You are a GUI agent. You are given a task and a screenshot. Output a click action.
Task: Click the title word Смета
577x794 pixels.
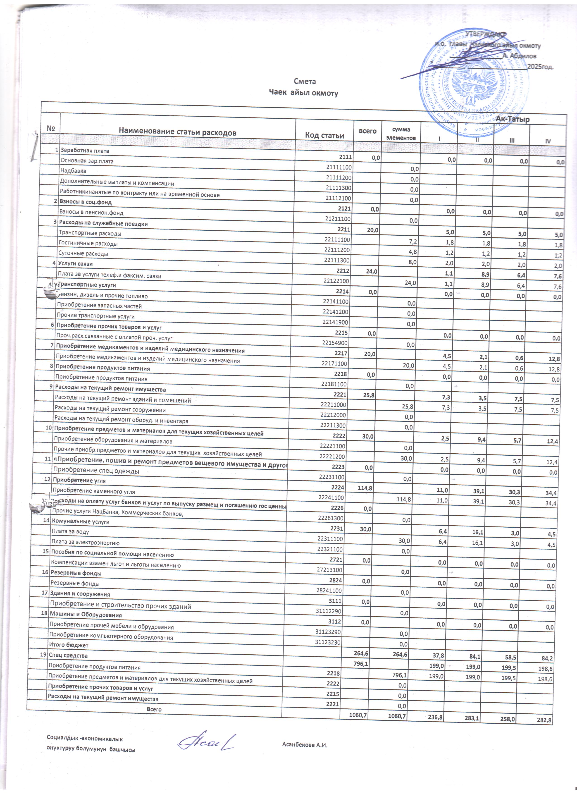tap(304, 81)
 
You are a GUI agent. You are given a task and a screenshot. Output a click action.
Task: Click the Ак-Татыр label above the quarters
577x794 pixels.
tap(513, 119)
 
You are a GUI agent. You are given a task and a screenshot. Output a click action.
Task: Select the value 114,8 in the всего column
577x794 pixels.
tap(365, 487)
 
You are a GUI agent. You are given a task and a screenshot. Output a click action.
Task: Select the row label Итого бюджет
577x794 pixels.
tap(69, 645)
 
